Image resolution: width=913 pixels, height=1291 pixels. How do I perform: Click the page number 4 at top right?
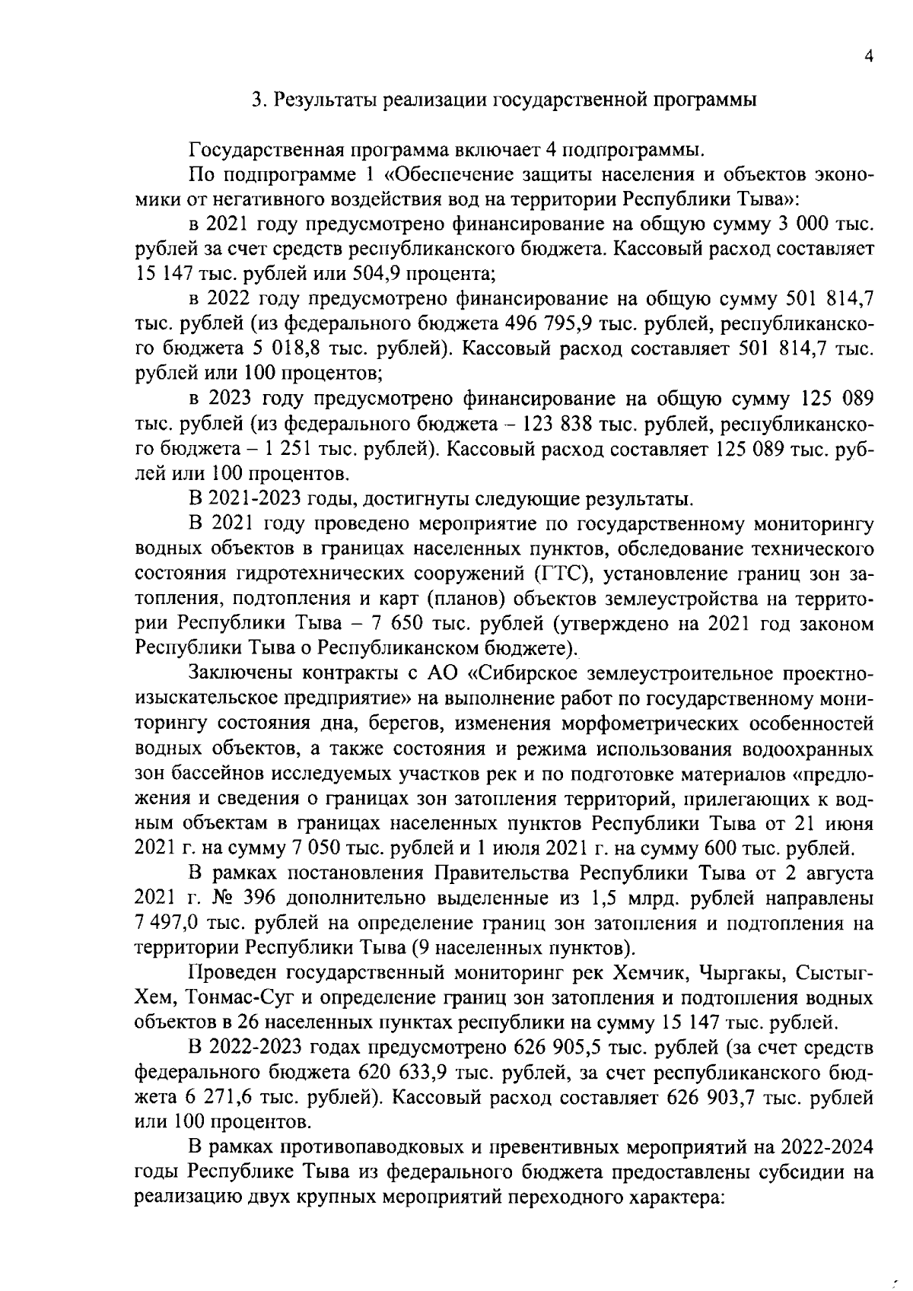pyautogui.click(x=868, y=56)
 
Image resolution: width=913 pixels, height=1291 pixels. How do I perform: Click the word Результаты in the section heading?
pyautogui.click(x=322, y=100)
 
